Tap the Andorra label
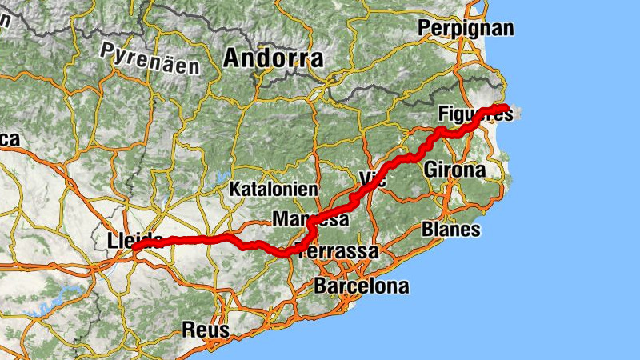point(274,58)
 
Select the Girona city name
point(454,170)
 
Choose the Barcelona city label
point(362,286)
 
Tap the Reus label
point(206,329)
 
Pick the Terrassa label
point(338,252)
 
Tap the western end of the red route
point(134,248)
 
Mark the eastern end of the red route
point(506,108)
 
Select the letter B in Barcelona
point(322,286)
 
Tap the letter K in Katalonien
point(234,190)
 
